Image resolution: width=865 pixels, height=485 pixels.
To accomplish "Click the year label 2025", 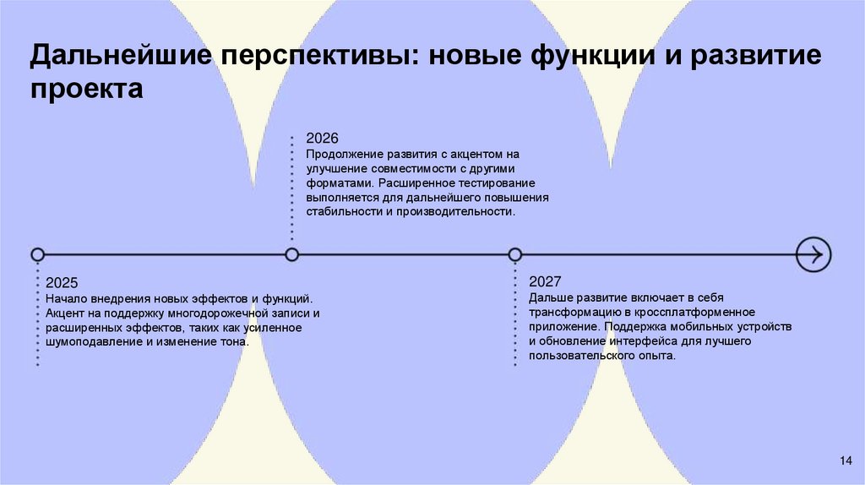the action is point(62,283).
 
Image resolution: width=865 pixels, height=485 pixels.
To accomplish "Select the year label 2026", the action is point(322,138).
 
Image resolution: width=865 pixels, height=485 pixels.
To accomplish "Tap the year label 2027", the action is point(545,281).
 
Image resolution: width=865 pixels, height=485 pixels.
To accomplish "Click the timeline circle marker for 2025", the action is point(37,254).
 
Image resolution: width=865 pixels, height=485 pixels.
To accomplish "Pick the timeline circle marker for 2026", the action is point(292,254).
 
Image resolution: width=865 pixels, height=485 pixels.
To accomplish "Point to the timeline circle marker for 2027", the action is point(515,254).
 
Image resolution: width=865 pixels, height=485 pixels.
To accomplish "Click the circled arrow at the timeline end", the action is point(814,254).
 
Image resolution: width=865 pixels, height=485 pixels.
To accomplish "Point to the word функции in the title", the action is point(590,59).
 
